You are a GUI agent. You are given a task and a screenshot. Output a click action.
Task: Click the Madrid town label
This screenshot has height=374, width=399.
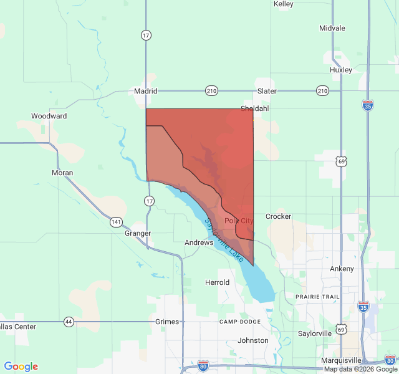tap(145, 91)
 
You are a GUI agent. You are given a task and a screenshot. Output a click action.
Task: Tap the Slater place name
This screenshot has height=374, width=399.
tap(267, 91)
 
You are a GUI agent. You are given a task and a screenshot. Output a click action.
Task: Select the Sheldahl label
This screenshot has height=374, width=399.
tap(254, 108)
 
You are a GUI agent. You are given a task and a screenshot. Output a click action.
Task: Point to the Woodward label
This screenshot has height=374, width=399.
tap(49, 116)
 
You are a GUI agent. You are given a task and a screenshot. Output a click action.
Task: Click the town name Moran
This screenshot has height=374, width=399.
tap(62, 173)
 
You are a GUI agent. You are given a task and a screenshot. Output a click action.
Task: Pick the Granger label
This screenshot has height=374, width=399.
tap(138, 233)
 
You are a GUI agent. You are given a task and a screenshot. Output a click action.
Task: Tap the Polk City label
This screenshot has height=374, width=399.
tap(239, 221)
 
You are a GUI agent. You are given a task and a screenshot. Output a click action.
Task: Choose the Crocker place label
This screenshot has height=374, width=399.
tap(278, 216)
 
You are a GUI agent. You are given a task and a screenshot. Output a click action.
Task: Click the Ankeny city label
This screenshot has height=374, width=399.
tap(342, 269)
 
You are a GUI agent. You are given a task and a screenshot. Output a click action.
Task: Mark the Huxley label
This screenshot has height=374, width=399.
tap(341, 70)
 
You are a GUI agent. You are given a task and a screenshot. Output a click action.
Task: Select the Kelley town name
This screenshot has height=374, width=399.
tap(284, 4)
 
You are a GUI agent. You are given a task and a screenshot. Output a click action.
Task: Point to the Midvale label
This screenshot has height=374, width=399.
tap(332, 29)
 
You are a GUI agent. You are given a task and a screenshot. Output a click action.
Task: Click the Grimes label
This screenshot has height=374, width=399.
tap(167, 322)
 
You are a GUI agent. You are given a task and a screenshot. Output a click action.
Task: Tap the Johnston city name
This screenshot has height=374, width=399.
tap(253, 340)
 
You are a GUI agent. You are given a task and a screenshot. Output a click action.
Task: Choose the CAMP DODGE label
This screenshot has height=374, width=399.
tap(240, 321)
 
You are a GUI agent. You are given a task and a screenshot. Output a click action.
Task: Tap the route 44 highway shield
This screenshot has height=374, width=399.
tap(69, 322)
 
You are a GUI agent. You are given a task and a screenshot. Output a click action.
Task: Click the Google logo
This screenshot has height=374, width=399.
tap(21, 367)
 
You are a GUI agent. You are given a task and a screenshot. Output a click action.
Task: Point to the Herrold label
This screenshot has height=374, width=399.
tap(218, 282)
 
